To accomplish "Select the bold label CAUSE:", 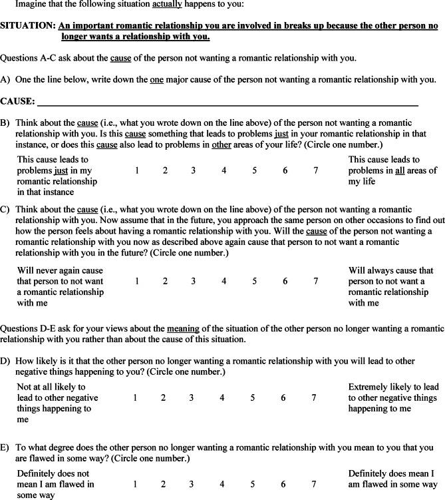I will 18,101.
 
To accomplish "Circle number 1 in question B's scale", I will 137,170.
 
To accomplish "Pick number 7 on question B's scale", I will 316,170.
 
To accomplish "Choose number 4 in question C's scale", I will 224,281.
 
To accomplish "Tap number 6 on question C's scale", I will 285,281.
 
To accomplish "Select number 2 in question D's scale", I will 163,397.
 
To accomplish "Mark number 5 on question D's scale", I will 253,397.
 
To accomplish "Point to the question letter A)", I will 5,80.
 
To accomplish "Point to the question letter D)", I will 5,361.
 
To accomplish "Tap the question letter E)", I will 5,448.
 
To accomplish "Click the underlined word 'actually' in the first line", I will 168,4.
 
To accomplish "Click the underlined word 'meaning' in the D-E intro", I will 184,328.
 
